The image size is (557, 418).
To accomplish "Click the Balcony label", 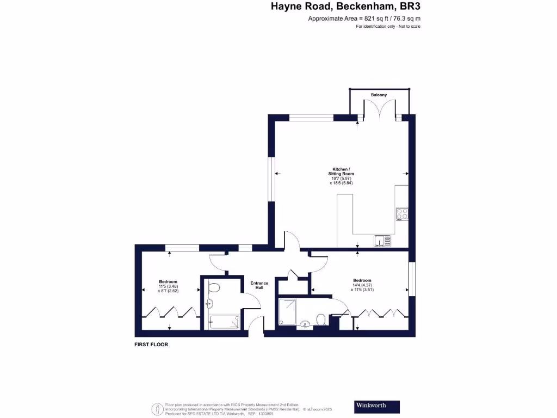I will [379, 95].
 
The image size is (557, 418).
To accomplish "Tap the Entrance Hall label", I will [258, 286].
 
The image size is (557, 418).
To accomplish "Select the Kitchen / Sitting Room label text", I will [342, 171].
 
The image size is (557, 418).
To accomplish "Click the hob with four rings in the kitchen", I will [403, 214].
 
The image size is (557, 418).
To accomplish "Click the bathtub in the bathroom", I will [224, 322].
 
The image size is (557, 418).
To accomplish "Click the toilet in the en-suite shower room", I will [321, 319].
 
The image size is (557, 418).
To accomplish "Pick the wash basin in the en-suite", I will [305, 325].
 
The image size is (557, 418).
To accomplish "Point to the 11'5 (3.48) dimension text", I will [168, 286].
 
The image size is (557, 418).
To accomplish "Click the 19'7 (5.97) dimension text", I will [342, 178].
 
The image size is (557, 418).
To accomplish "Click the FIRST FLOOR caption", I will [151, 345].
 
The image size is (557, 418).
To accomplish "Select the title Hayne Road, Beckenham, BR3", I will [346, 7].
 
